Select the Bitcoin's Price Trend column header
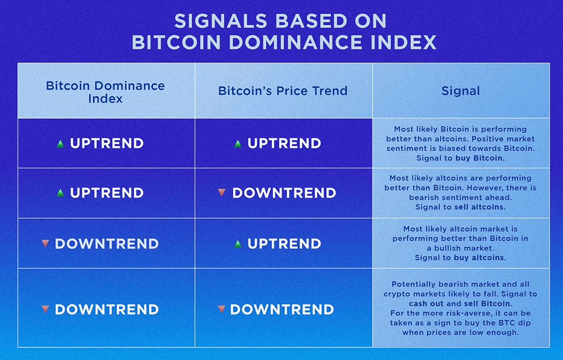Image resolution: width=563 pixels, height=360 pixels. [x=283, y=91]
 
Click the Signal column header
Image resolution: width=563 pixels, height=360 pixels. [x=461, y=91]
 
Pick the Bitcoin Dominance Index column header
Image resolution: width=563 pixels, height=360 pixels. [x=105, y=92]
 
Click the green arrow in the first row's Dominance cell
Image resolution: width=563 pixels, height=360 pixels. [x=60, y=143]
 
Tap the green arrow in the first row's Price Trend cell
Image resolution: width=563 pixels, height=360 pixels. [x=238, y=143]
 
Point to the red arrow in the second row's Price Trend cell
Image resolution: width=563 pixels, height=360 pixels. [x=222, y=193]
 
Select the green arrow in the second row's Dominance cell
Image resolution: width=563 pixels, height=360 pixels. [x=60, y=193]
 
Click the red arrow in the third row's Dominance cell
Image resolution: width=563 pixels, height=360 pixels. [x=45, y=244]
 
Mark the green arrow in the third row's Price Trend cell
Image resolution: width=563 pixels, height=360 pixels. [x=238, y=244]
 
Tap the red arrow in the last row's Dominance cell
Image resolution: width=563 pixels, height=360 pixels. [x=45, y=309]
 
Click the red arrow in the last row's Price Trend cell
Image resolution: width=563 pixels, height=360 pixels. [x=222, y=309]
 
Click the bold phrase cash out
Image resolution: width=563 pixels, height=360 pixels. [x=426, y=304]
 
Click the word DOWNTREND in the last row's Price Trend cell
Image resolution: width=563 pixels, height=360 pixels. [x=282, y=309]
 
